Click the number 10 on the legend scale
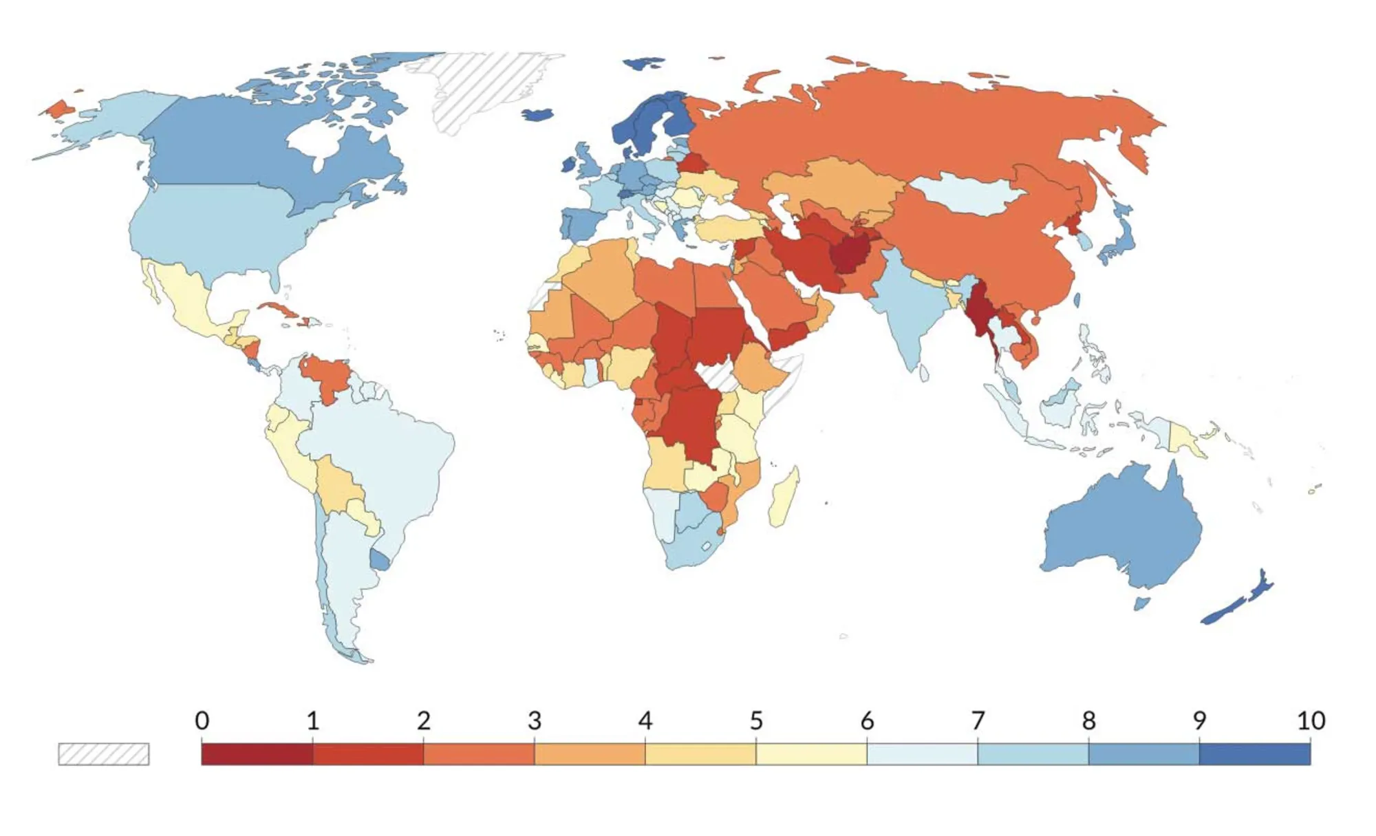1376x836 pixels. point(1311,720)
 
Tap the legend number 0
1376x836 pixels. point(202,720)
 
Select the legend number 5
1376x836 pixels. point(756,720)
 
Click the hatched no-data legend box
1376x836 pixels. point(103,754)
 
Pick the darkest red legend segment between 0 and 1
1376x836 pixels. point(257,753)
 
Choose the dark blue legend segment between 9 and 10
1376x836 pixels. point(1254,753)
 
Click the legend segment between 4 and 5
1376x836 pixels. point(700,753)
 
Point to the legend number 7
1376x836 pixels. point(978,720)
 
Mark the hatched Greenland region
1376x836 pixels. point(482,89)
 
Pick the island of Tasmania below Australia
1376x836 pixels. point(1141,603)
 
